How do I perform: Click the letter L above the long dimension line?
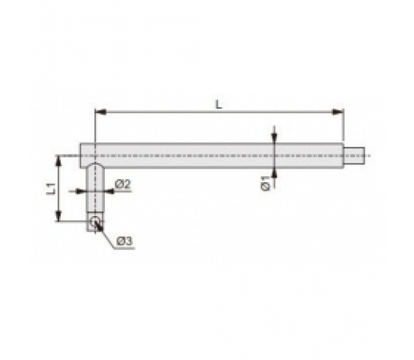coord(219,104)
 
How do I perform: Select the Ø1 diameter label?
coord(266,182)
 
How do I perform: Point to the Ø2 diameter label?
coord(123,184)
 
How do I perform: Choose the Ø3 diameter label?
coord(124,241)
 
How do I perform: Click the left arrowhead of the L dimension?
coord(100,113)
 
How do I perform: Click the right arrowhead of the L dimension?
coord(338,112)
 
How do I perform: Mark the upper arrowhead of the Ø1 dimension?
coord(274,138)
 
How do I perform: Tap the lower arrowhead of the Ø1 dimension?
coord(274,173)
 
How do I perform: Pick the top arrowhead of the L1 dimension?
coord(58,162)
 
